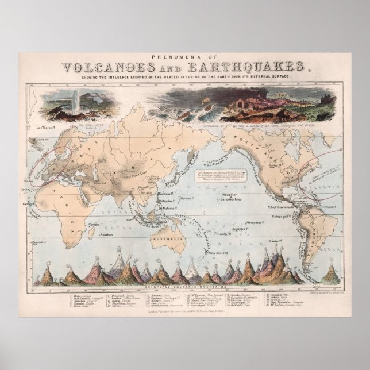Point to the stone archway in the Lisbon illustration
237,104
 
